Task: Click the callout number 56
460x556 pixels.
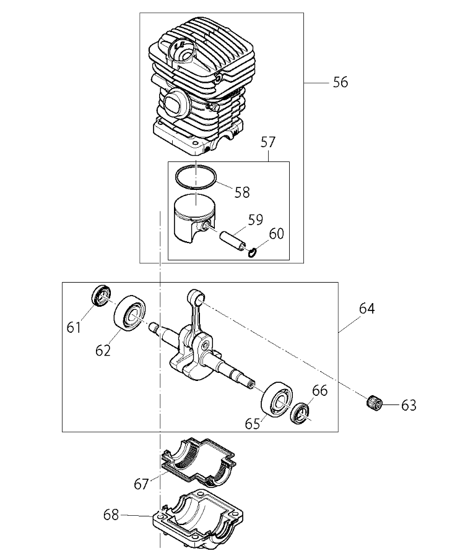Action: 341,82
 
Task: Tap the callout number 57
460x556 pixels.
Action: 268,142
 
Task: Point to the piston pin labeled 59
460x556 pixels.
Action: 233,241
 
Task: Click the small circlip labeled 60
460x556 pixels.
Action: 253,253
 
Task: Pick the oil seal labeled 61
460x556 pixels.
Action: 101,296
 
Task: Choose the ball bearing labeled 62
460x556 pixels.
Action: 130,313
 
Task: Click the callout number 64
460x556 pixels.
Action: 367,309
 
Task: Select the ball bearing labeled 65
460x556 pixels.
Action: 278,400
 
